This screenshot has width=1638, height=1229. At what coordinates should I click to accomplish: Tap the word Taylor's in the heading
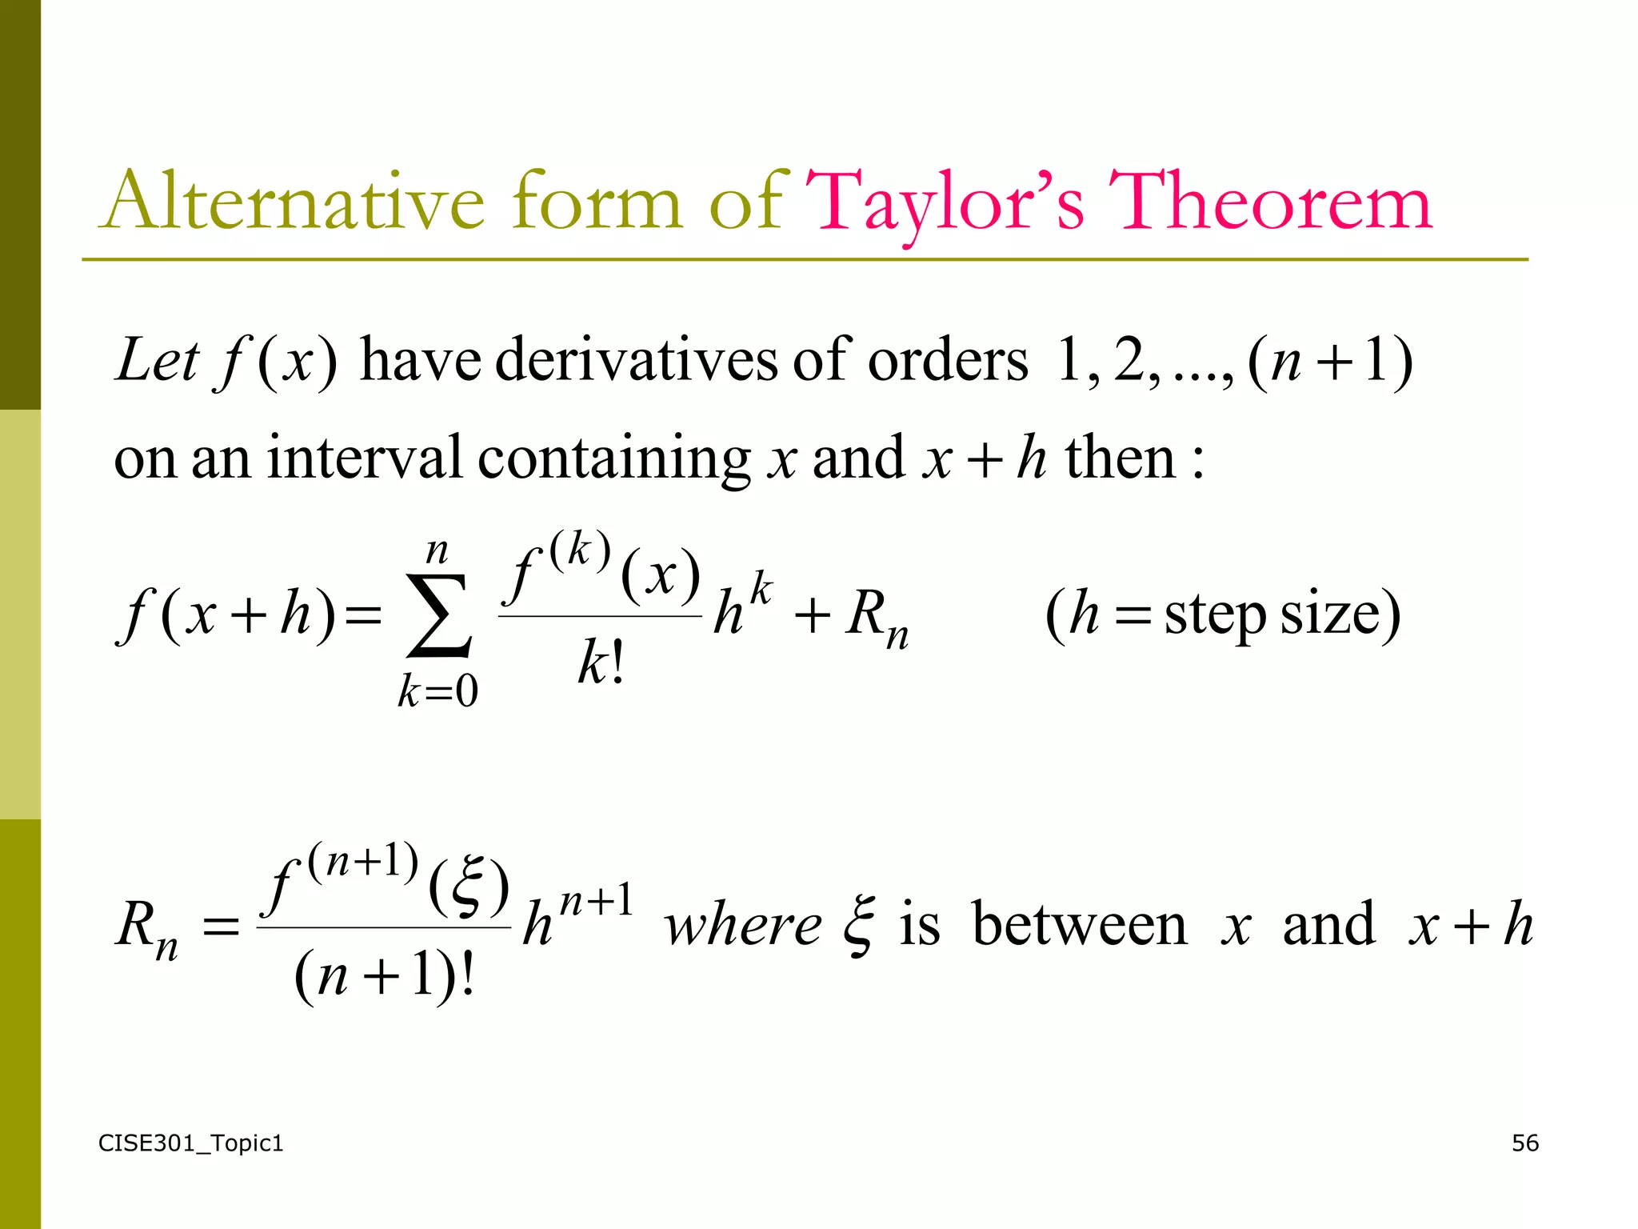point(945,203)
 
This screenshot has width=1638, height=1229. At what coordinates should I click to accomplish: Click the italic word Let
point(157,361)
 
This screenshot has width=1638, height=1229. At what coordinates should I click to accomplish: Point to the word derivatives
point(637,361)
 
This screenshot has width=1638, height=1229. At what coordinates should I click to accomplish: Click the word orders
point(948,361)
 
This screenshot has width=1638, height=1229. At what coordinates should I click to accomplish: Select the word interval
point(364,458)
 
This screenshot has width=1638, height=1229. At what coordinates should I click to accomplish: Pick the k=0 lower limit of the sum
point(438,691)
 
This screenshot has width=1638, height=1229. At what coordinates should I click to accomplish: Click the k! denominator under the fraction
point(600,663)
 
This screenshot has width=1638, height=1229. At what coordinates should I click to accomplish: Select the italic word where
point(742,926)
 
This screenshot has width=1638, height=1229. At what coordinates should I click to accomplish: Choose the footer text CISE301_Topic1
point(190,1143)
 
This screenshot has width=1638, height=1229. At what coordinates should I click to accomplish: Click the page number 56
point(1524,1143)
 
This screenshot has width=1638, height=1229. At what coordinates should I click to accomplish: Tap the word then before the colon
point(1120,458)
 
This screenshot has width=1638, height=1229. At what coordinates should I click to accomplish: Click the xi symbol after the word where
point(859,926)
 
